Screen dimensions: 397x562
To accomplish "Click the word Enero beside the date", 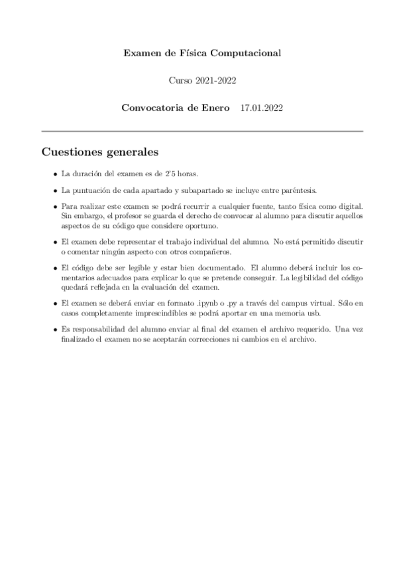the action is [214, 107].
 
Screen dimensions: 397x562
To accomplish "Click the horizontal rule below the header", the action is [202, 132].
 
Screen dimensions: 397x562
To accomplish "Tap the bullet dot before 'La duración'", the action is [54, 174].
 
